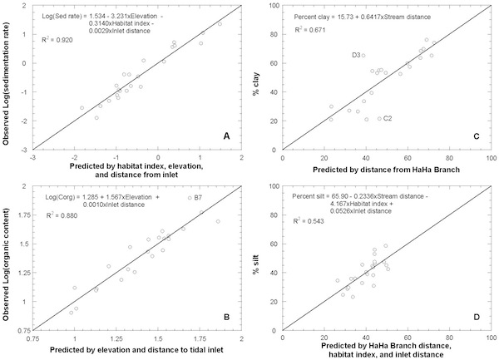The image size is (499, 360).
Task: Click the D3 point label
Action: tap(355, 55)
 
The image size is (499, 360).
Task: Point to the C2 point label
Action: tap(388, 118)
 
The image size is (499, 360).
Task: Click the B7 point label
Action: tap(197, 197)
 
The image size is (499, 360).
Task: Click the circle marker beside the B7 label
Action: tap(190, 198)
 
